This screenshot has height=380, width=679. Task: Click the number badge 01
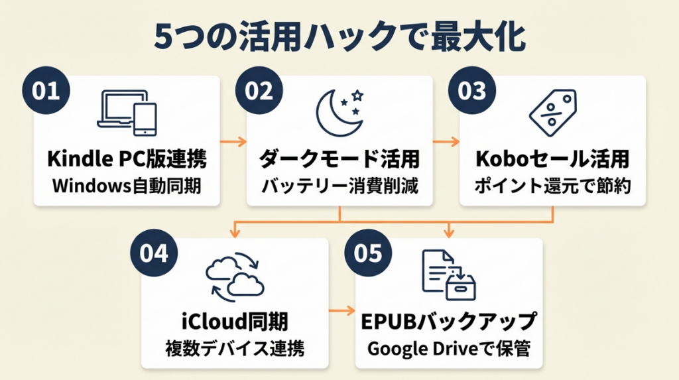coord(46,91)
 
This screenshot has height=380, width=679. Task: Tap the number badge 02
coord(259,91)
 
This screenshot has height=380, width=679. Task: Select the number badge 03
coord(472,91)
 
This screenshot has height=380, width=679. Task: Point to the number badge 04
coord(154,254)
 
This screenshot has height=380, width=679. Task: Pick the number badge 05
coord(369,254)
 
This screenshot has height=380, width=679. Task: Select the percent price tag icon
coord(552,109)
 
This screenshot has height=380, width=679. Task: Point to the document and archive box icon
coord(449,274)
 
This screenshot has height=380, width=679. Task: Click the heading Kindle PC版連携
coord(127,159)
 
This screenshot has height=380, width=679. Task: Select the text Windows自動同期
coord(127,186)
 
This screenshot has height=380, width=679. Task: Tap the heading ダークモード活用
coord(339,159)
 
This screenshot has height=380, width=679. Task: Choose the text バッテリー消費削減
coord(339,186)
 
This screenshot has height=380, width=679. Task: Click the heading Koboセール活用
coord(552,159)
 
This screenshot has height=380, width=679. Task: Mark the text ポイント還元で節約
coord(552,186)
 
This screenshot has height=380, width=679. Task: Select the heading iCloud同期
coord(235,322)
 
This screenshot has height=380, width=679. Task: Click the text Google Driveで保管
coord(449,348)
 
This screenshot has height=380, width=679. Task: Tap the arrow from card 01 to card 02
coord(233,141)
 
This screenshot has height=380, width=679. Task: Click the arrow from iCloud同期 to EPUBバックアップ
coord(342,310)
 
